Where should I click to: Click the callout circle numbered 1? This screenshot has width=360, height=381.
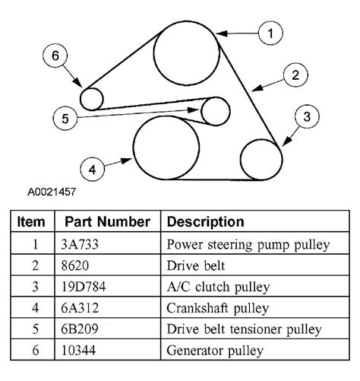(x=270, y=33)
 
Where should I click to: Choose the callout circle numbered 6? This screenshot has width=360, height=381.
(x=55, y=56)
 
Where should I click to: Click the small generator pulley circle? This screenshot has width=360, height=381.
(x=91, y=98)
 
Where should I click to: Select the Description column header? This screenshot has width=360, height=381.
(x=205, y=222)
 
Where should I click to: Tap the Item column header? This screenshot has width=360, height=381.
(x=32, y=222)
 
